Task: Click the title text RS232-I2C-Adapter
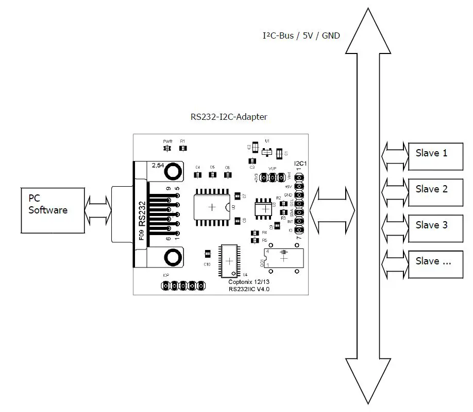229,117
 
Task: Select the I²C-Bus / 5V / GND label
301,35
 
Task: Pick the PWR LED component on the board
167,149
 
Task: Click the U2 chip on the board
212,207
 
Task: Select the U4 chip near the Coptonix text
227,261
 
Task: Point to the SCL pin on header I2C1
298,204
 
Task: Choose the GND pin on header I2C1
298,195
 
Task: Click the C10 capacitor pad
207,254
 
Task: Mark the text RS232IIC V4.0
249,290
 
